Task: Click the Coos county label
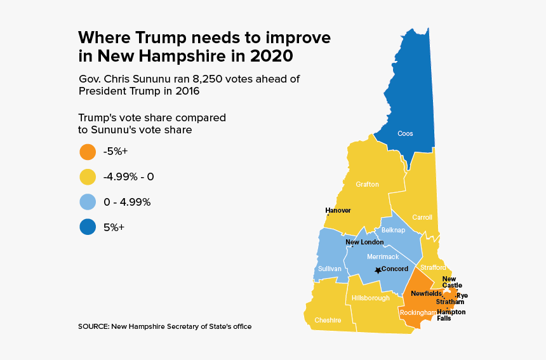coord(405,133)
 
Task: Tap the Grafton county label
coord(367,185)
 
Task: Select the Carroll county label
coord(422,217)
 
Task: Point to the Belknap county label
coord(393,230)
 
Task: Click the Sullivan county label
coord(330,269)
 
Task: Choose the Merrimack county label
coord(383,257)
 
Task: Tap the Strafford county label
coord(434,268)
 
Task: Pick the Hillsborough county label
coord(371,298)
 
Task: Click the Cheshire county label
coord(328,320)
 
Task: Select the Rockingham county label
coord(418,312)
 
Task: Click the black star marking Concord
coord(378,270)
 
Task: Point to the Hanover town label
coord(338,210)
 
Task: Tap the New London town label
coord(364,242)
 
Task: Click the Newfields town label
coord(426,293)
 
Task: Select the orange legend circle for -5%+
coord(88,152)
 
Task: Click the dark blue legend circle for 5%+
coord(88,227)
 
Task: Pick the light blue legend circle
coord(88,202)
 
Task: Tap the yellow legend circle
coord(88,177)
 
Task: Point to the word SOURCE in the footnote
coord(93,326)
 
